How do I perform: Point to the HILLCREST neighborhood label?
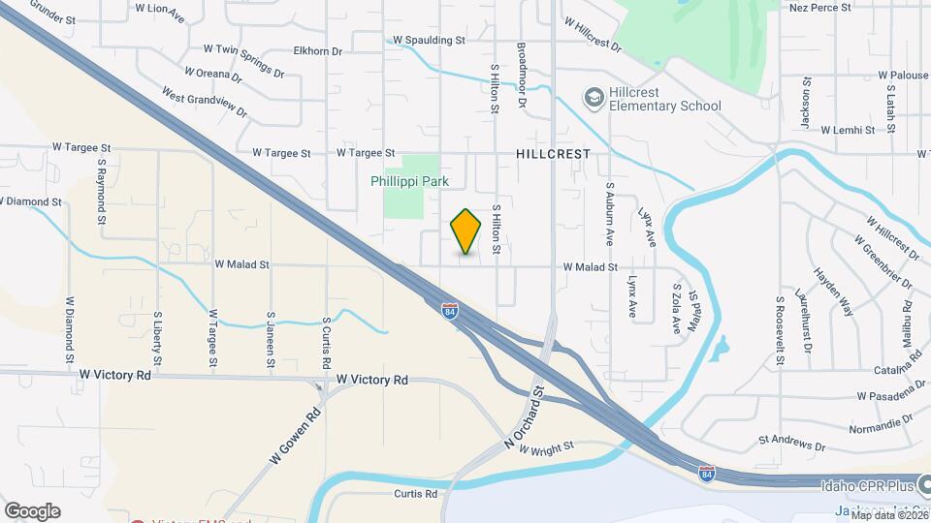point(554,154)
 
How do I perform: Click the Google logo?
point(32,510)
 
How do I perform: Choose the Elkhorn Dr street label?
point(317,50)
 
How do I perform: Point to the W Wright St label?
point(547,447)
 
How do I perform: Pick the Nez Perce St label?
point(819,7)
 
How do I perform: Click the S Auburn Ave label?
point(610,211)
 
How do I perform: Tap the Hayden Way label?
point(833,292)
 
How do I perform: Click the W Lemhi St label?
point(852,129)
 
